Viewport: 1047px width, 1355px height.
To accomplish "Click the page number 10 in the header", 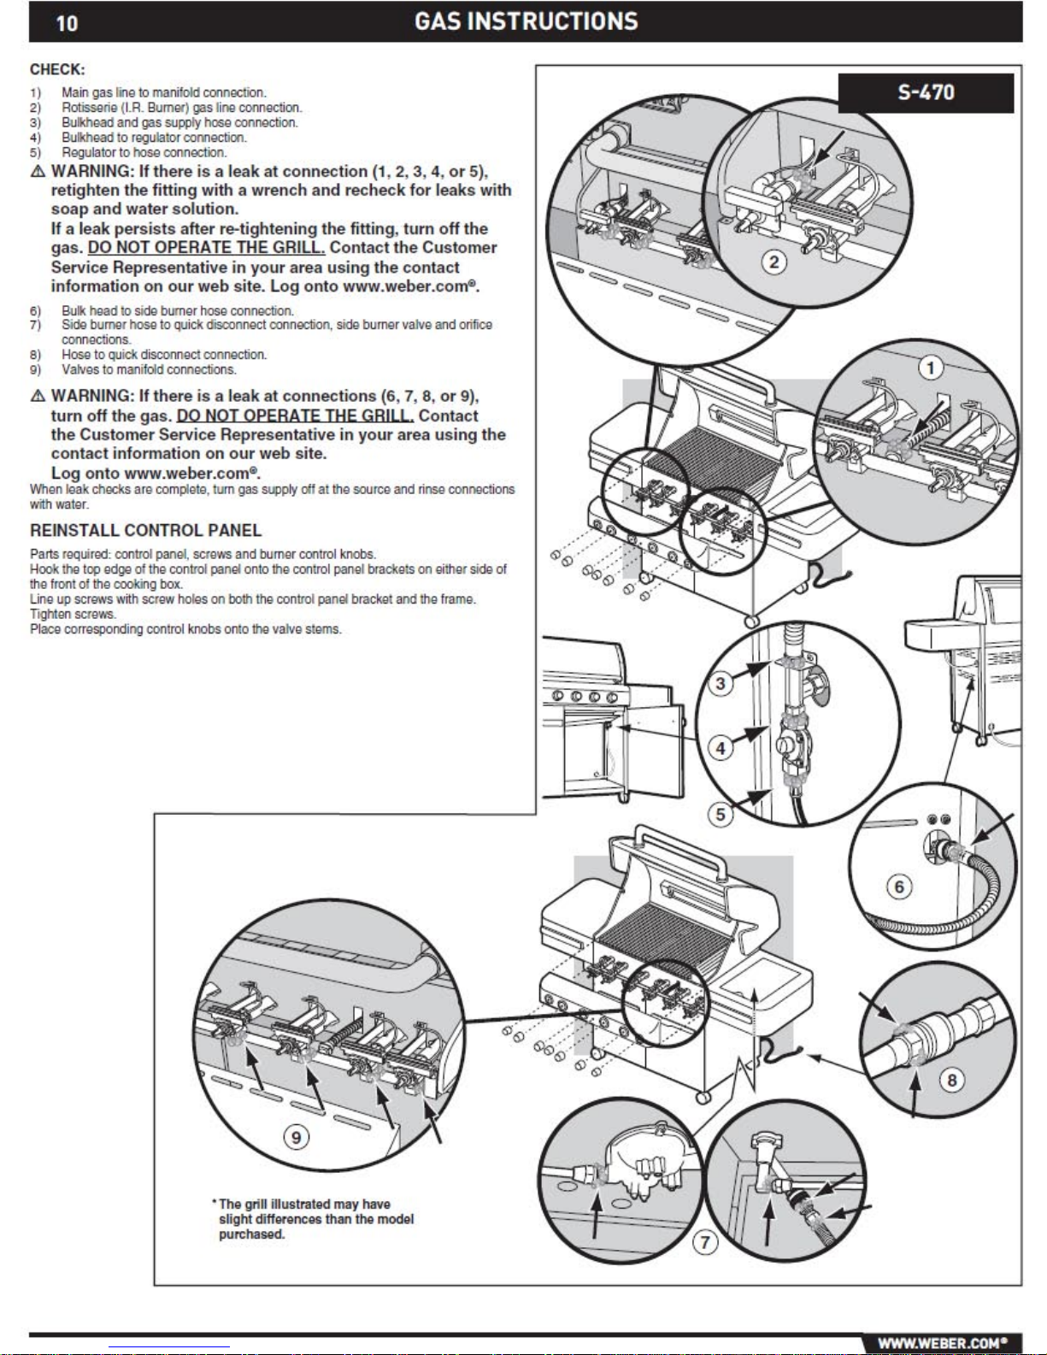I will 67,23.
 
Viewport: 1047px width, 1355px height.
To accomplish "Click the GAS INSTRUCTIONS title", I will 526,21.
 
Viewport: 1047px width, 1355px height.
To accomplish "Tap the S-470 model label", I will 926,92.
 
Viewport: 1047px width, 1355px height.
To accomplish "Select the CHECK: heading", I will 57,69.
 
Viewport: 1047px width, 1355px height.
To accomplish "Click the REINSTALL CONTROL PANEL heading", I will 145,530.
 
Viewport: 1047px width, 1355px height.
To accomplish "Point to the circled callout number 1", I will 930,368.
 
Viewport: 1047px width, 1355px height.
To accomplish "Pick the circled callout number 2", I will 774,262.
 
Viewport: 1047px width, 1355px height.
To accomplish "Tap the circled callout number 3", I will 721,683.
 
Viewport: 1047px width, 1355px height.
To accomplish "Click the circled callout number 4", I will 721,748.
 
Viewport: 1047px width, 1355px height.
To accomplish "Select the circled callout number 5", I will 721,814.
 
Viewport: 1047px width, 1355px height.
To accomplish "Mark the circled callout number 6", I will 899,887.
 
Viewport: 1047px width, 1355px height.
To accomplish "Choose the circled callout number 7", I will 705,1242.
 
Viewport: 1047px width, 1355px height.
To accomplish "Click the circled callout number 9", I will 296,1137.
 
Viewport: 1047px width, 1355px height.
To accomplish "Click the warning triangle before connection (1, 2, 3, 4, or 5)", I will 38,172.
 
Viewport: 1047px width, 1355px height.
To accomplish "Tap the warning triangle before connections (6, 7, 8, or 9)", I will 38,397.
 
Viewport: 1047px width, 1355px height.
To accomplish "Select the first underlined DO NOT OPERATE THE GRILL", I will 206,248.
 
